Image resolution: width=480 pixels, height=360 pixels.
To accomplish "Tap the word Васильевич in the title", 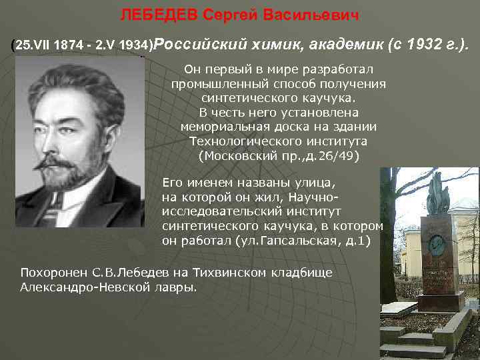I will (312, 14).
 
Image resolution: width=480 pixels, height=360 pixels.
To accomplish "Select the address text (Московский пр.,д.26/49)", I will (279, 156).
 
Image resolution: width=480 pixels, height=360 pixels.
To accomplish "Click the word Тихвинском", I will (227, 273).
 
